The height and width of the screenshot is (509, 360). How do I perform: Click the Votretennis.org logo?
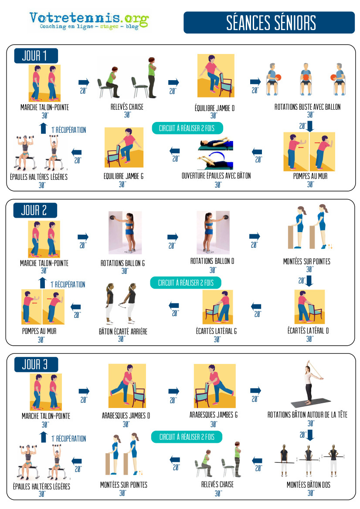tap(89, 21)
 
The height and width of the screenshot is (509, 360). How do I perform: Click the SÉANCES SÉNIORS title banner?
tap(269, 22)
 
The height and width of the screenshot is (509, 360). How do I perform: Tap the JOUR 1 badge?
tap(36, 56)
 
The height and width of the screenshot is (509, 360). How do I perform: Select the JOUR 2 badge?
tap(35, 210)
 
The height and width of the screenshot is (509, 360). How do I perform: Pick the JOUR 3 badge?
tap(36, 364)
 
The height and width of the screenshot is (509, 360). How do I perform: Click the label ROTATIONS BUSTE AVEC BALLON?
tap(307, 107)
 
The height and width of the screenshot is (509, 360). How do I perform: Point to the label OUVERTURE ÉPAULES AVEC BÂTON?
tap(216, 175)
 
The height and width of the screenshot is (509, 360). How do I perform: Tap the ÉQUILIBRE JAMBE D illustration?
tap(216, 76)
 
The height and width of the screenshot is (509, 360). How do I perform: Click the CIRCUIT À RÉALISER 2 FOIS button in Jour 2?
tap(186, 283)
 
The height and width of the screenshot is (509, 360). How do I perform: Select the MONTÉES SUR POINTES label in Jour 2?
tap(307, 261)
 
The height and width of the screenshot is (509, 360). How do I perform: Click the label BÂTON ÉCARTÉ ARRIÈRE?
tap(123, 331)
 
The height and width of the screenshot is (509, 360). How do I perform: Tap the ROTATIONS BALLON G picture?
tap(125, 233)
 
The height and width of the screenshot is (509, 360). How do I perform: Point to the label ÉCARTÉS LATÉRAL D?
tap(308, 330)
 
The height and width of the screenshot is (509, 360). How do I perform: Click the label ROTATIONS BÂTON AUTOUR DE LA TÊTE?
tap(307, 415)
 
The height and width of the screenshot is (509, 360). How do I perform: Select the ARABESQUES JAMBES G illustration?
tap(214, 386)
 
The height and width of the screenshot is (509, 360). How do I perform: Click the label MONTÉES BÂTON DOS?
tap(308, 485)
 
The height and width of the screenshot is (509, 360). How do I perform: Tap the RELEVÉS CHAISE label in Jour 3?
tap(217, 484)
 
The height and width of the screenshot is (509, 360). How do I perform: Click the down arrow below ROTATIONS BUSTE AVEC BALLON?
tap(310, 126)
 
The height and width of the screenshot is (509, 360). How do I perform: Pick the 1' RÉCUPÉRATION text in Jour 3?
tap(68, 438)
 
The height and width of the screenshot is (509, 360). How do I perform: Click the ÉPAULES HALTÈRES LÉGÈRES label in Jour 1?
tap(39, 177)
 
